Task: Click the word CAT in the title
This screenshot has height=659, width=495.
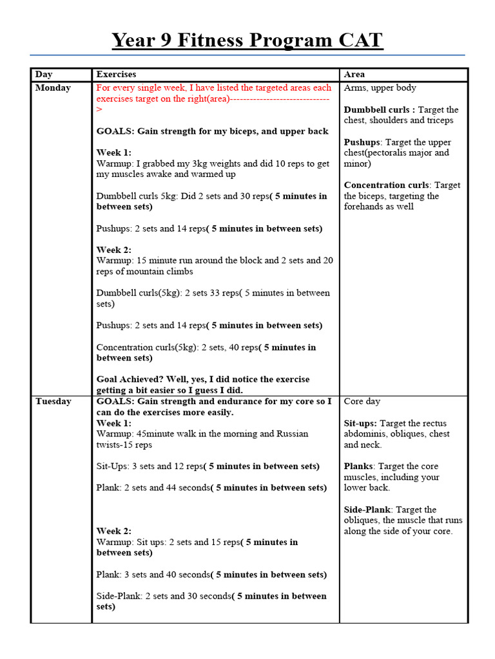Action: [x=353, y=41]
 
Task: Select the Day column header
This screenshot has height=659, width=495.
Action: [x=44, y=75]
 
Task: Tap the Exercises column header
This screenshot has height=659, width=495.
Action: [x=116, y=75]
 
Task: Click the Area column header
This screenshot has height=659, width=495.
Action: [x=354, y=75]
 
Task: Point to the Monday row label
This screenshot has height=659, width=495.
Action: [x=53, y=88]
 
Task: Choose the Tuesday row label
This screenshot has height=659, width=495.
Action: [x=53, y=401]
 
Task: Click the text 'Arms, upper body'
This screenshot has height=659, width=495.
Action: [x=380, y=88]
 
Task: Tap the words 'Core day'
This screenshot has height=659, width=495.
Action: [x=362, y=401]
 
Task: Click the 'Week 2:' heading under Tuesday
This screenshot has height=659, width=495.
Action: [x=113, y=531]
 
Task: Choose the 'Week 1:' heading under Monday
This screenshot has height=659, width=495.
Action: [x=113, y=153]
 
